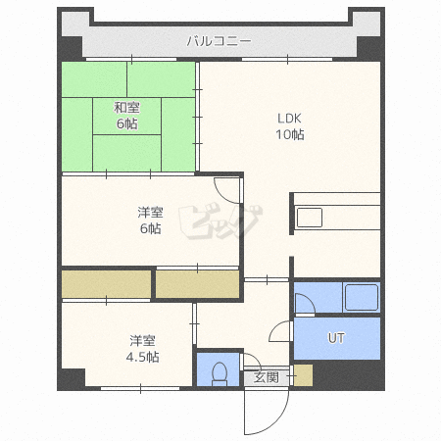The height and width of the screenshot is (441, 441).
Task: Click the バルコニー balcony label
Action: [220, 41]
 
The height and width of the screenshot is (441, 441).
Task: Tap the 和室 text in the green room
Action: [124, 108]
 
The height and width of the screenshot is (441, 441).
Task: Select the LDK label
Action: [288, 119]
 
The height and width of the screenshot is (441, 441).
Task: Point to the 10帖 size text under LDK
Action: [288, 134]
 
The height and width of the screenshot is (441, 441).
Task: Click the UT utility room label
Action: [336, 339]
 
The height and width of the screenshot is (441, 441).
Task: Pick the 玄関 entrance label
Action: [266, 376]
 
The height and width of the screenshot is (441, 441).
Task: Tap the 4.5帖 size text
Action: [143, 357]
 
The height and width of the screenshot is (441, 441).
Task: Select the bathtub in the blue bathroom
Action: [360, 297]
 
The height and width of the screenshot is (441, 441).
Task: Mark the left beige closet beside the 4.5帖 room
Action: [106, 284]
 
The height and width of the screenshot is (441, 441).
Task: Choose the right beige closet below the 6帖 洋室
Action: [197, 284]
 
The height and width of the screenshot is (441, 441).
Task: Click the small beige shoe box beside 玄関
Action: [303, 374]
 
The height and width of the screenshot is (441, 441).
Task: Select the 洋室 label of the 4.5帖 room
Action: [143, 341]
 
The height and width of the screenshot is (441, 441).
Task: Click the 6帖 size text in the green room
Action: [124, 124]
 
